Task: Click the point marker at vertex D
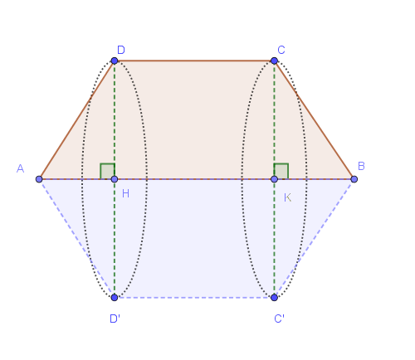(115, 61)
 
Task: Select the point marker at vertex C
(274, 61)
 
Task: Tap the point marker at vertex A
(39, 179)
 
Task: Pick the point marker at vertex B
(354, 179)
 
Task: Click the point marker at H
(115, 179)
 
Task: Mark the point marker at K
(274, 179)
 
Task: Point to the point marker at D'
(115, 298)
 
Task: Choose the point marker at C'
(274, 298)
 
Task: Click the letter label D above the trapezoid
(121, 50)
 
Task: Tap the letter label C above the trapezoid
(281, 50)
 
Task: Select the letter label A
(20, 168)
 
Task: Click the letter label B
(361, 166)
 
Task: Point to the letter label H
(125, 193)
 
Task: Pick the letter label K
(288, 197)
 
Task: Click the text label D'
(115, 319)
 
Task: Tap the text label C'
(279, 319)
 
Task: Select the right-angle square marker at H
(107, 171)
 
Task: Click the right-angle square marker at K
(281, 171)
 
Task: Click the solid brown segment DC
(194, 61)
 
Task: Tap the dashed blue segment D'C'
(194, 298)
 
